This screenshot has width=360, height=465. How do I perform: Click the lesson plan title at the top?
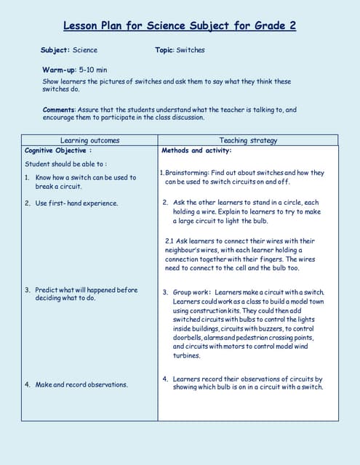tap(180, 26)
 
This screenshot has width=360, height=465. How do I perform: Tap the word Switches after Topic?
tap(191, 50)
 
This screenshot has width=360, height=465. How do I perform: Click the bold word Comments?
tap(59, 110)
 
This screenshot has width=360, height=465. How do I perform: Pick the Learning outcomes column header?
tap(89, 140)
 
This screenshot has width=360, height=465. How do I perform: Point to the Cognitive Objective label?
tap(56, 150)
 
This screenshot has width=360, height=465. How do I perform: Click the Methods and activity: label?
tap(196, 150)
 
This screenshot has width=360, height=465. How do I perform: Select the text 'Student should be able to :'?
tap(65, 164)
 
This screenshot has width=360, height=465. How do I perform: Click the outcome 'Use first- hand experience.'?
tap(76, 203)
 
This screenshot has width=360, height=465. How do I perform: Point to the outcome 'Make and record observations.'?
tap(81, 384)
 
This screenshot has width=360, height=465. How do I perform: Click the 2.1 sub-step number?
tap(169, 240)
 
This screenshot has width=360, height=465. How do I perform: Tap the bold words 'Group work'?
tap(191, 291)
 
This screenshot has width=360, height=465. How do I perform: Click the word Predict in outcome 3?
tap(48, 290)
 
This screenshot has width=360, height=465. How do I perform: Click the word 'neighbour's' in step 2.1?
tap(182, 250)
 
